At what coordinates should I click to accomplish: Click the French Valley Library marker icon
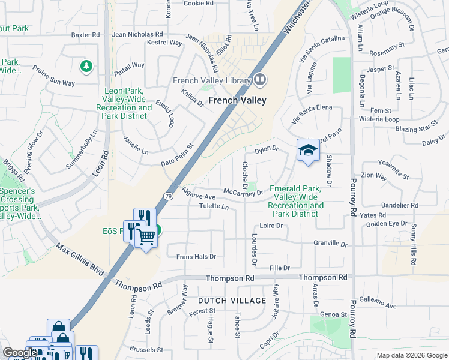pyautogui.click(x=260, y=79)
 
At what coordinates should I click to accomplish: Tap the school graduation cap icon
pyautogui.click(x=306, y=150)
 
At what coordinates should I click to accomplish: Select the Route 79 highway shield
pyautogui.click(x=167, y=196)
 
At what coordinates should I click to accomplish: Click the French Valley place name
pyautogui.click(x=237, y=101)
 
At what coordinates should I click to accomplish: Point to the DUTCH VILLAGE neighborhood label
pyautogui.click(x=232, y=300)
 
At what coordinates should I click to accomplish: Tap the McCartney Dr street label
pyautogui.click(x=243, y=193)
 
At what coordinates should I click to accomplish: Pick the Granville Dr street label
pyautogui.click(x=331, y=244)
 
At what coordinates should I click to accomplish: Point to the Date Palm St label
pyautogui.click(x=176, y=155)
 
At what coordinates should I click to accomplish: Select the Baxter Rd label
pyautogui.click(x=85, y=35)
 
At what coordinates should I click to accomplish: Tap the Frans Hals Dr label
pyautogui.click(x=196, y=257)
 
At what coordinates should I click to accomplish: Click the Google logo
pyautogui.click(x=20, y=353)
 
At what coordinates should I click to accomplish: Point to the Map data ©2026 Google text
pyautogui.click(x=411, y=355)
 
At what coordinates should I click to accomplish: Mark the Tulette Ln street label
pyautogui.click(x=214, y=207)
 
